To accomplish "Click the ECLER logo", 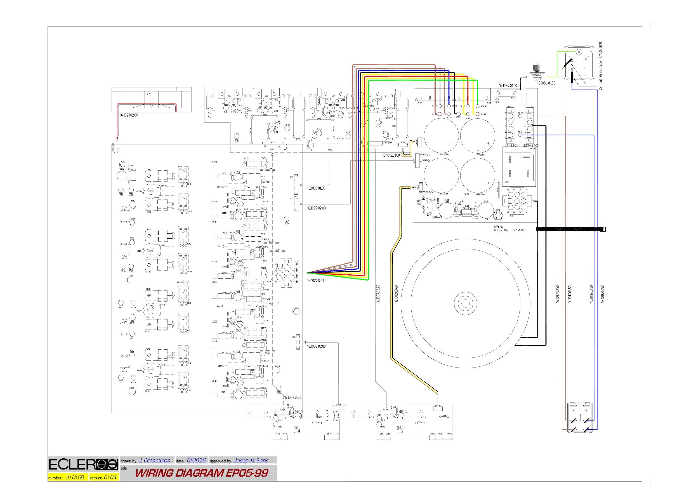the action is pyautogui.click(x=83, y=464).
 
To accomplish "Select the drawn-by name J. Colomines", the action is pyautogui.click(x=154, y=461).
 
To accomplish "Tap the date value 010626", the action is pyautogui.click(x=196, y=460).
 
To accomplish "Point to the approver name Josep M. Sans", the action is pyautogui.click(x=251, y=461).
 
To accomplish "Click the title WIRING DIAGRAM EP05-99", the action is pyautogui.click(x=202, y=473).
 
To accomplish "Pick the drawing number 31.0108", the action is pyautogui.click(x=75, y=477).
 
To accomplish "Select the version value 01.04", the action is pyautogui.click(x=110, y=477).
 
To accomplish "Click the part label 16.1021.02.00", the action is pyautogui.click(x=129, y=115).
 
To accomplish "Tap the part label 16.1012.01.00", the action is pyautogui.click(x=391, y=155).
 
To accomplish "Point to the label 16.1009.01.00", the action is pyautogui.click(x=316, y=188).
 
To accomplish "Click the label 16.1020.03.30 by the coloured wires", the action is pyautogui.click(x=316, y=281).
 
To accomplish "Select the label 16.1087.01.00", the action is pyautogui.click(x=508, y=86).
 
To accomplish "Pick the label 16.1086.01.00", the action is pyautogui.click(x=546, y=83).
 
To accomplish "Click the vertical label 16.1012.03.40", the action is pyautogui.click(x=396, y=294).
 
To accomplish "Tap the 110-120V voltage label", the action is pyautogui.click(x=511, y=145).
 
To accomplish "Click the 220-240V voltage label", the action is pyautogui.click(x=531, y=145).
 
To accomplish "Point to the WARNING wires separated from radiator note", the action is pyautogui.click(x=510, y=229).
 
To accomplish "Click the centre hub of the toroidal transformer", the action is pyautogui.click(x=465, y=303).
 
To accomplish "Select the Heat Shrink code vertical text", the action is pyautogui.click(x=601, y=66).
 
